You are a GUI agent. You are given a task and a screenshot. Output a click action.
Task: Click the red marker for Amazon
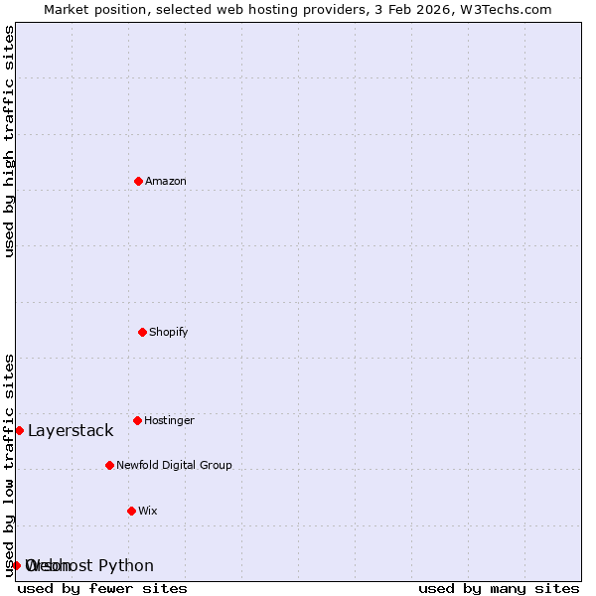(138, 181)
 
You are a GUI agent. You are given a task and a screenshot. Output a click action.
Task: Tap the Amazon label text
(166, 182)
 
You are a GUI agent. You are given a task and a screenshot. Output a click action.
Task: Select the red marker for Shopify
(142, 332)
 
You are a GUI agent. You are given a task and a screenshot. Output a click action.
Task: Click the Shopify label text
(169, 333)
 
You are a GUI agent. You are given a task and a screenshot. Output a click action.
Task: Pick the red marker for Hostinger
(137, 420)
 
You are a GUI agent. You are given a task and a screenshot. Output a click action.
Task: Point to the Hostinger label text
(170, 421)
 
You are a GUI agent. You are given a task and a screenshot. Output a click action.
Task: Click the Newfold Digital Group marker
(109, 465)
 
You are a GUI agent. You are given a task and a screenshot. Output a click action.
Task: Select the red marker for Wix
(131, 511)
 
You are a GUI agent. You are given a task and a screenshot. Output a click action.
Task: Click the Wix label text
(148, 512)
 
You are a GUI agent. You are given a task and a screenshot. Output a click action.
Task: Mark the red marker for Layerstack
(19, 430)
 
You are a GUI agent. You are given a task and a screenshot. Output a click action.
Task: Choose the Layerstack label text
(71, 431)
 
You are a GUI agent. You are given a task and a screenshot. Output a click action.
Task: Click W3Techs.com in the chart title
(505, 9)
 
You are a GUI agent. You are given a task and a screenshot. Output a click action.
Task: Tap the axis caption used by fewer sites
(102, 589)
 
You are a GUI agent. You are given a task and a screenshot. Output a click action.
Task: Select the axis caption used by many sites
(499, 589)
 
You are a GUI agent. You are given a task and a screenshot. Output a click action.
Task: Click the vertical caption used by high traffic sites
(9, 141)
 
